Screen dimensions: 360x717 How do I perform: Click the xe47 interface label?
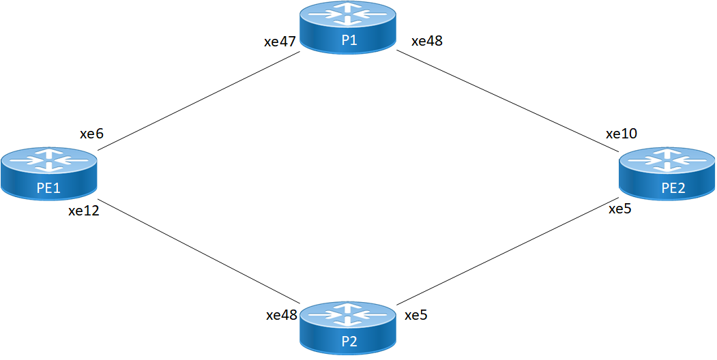click(x=280, y=42)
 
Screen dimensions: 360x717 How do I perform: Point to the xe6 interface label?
click(x=91, y=134)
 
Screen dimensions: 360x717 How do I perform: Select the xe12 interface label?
click(x=84, y=211)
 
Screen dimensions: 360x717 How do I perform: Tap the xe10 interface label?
click(x=621, y=134)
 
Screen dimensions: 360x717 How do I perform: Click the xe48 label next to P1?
click(x=427, y=41)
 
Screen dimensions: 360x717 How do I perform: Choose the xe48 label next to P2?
click(x=282, y=316)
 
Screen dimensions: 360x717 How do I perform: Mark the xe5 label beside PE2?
click(x=620, y=209)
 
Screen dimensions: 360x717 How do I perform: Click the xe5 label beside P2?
click(x=416, y=316)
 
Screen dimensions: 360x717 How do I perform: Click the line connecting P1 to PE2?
click(x=505, y=99)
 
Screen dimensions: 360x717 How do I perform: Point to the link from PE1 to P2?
click(x=201, y=252)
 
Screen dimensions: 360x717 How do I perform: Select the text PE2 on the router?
click(x=673, y=188)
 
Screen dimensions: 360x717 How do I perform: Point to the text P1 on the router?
click(x=349, y=41)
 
